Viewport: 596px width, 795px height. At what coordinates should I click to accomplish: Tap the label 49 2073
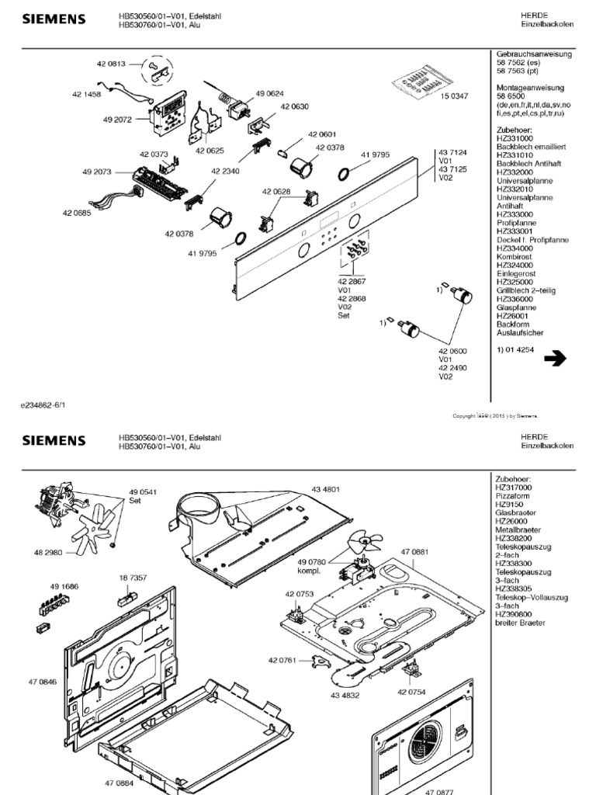[94, 170]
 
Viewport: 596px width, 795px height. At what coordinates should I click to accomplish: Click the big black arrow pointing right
[556, 359]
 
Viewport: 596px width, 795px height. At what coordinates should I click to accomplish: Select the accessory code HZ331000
[515, 137]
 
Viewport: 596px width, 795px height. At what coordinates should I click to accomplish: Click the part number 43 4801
[326, 489]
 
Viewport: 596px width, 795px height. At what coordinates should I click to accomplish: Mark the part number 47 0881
[414, 551]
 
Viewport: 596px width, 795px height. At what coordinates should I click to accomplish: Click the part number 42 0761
[283, 660]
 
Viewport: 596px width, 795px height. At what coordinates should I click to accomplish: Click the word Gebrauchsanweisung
[534, 54]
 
